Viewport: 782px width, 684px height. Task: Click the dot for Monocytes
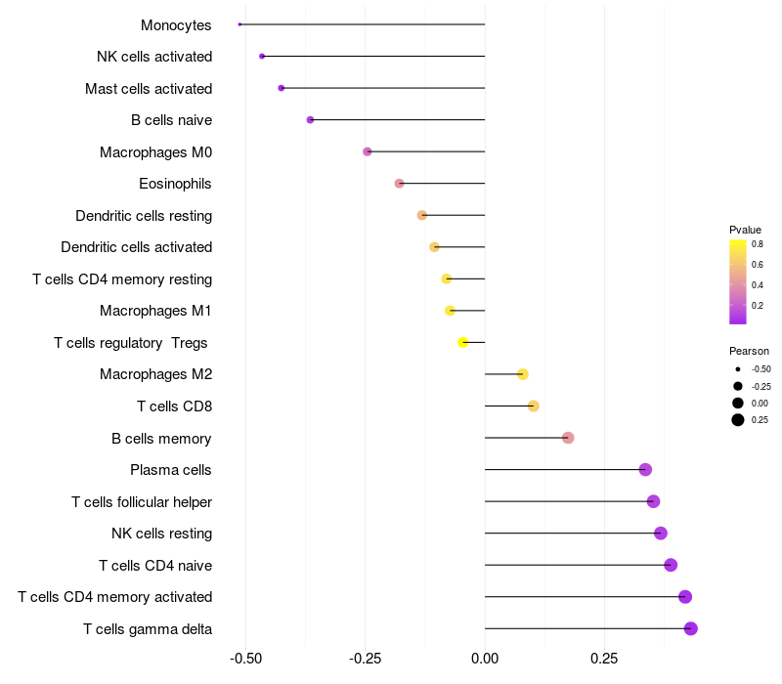click(239, 24)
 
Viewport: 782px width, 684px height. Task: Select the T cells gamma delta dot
click(691, 628)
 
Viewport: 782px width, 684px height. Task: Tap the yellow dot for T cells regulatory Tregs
click(463, 342)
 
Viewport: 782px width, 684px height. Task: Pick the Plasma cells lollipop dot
click(645, 470)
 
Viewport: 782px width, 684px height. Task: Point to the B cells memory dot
click(568, 438)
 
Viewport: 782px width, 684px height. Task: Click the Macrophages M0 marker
click(368, 151)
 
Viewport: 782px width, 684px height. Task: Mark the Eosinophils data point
click(399, 184)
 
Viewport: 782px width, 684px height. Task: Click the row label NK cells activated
click(154, 57)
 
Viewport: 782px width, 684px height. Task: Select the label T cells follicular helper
click(142, 502)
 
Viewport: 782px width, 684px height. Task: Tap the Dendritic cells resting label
click(144, 215)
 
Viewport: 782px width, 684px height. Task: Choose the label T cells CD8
click(174, 406)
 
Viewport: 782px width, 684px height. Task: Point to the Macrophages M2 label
click(156, 374)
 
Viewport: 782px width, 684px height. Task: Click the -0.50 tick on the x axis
click(245, 661)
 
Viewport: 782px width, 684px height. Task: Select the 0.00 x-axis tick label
click(485, 661)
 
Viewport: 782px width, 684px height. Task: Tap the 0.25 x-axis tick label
click(604, 661)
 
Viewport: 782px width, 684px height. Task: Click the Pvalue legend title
click(745, 230)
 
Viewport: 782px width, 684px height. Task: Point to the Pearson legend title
click(749, 351)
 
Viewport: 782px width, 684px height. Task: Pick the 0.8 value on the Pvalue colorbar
click(758, 244)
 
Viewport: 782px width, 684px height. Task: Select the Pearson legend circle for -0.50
click(738, 369)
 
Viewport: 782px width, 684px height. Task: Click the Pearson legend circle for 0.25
click(738, 420)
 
